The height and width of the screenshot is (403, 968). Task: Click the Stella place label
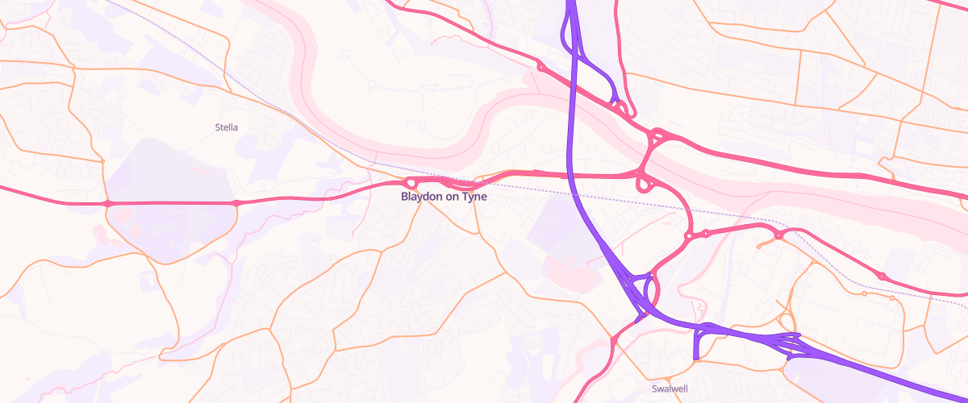point(227,127)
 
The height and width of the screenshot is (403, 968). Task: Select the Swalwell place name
point(670,388)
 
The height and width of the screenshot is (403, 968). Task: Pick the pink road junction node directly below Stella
point(236,203)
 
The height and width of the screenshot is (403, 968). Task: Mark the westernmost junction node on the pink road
point(107,203)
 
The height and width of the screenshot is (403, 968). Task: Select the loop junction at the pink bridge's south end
point(644,184)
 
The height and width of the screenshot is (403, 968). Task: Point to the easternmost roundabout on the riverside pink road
point(882,276)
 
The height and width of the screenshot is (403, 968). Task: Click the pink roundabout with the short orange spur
point(779,235)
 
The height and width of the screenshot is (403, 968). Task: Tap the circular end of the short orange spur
point(758,246)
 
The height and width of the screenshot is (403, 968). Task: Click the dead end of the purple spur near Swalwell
point(695,357)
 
